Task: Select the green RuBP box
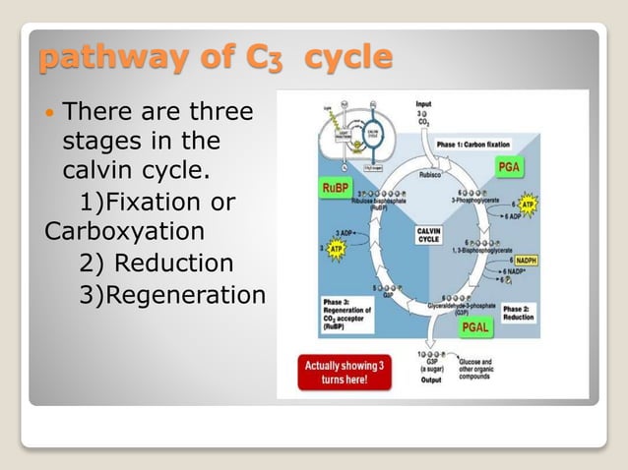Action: [336, 188]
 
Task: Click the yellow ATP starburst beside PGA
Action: [529, 205]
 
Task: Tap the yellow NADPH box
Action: [527, 260]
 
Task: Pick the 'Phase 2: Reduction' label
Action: [519, 313]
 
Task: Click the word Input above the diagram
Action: [423, 103]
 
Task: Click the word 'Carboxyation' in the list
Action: [124, 233]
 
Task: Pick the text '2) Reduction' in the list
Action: [156, 264]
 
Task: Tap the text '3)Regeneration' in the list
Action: [172, 295]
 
